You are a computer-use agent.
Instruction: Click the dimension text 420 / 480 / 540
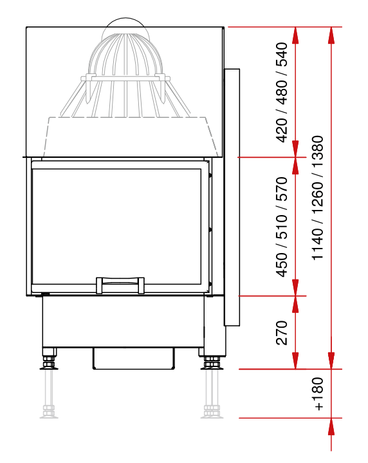coord(281,92)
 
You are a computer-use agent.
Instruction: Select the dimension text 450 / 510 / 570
coord(281,227)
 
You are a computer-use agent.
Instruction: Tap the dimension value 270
coord(282,333)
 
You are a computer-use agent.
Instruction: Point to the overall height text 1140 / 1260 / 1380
coord(318,198)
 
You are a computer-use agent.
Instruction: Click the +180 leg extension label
coord(318,394)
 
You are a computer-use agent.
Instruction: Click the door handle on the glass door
coord(120,285)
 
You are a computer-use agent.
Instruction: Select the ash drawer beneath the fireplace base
coord(134,358)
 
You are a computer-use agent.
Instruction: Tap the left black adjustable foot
coord(49,359)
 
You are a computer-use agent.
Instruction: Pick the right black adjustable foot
coord(211,359)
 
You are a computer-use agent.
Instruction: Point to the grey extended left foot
coord(49,394)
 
